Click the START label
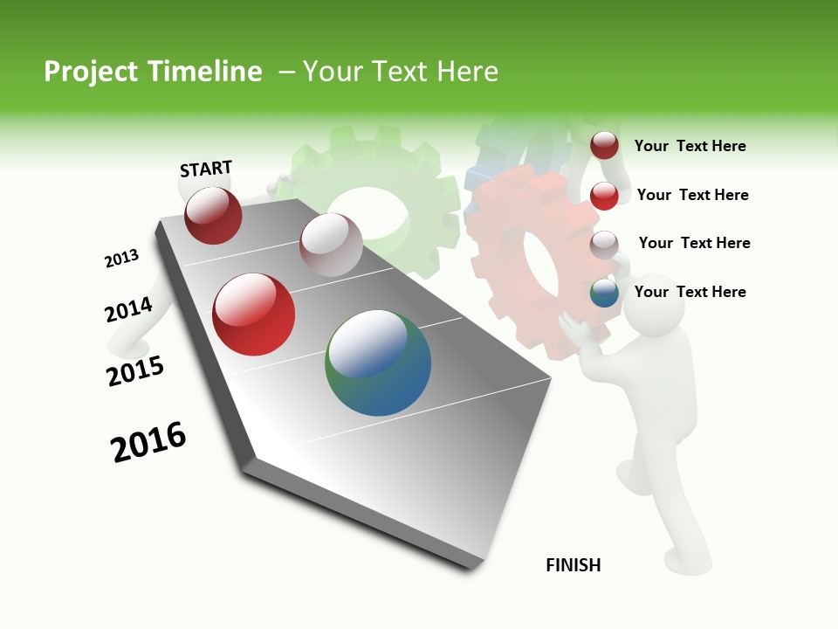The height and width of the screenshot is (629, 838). tap(206, 169)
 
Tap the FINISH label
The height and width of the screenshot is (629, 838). tap(574, 565)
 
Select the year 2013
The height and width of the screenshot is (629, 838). tap(121, 259)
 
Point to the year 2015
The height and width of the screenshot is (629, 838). tap(135, 371)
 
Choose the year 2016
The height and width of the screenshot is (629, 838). tap(148, 442)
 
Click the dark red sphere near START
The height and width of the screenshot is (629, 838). tap(213, 216)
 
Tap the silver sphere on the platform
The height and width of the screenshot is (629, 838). tap(331, 245)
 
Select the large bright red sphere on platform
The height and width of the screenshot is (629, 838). tap(254, 314)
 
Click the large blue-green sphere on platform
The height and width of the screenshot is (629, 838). tap(378, 363)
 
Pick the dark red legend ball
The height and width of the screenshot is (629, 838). tap(604, 145)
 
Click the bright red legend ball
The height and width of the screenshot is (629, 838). tap(604, 195)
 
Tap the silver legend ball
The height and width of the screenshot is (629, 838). tap(604, 244)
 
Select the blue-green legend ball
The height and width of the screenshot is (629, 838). tap(604, 293)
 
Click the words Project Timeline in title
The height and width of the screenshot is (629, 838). tap(153, 72)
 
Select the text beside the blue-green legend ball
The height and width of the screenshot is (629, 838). tap(690, 292)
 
